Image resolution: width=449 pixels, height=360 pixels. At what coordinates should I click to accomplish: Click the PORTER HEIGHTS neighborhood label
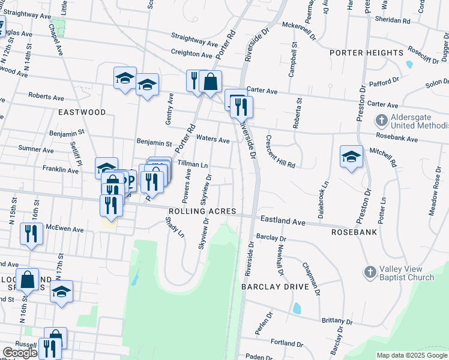pos(366,53)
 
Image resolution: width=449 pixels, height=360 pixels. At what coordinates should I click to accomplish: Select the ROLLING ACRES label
pos(202,212)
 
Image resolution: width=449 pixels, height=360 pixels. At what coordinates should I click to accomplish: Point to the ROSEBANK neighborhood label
pos(354,231)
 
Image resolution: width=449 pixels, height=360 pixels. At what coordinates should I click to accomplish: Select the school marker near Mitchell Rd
pos(351,157)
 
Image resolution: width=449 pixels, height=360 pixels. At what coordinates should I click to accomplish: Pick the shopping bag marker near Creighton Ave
pos(211,82)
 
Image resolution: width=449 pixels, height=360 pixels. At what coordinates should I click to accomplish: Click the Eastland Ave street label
pos(282,221)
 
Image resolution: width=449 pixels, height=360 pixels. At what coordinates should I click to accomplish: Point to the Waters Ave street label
pos(212,140)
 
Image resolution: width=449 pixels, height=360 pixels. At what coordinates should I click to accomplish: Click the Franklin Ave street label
pos(61,170)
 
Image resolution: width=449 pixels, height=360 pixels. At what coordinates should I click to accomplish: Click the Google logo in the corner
pos(20,353)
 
